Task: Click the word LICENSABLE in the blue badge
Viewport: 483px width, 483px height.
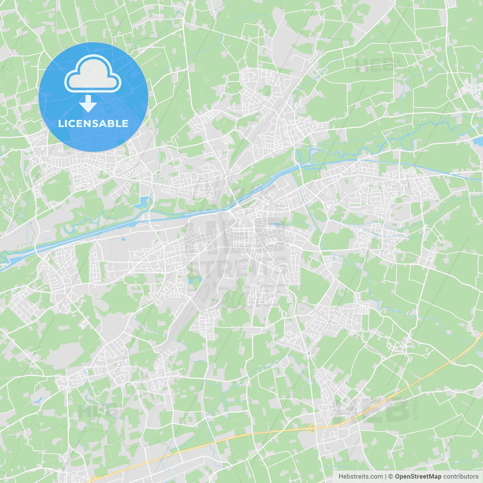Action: point(93,123)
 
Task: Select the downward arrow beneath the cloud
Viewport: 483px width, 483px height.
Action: point(88,103)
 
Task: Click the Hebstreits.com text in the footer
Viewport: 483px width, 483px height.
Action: point(360,477)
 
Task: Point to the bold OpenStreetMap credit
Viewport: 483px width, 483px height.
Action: point(418,477)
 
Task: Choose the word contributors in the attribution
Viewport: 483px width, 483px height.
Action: point(461,477)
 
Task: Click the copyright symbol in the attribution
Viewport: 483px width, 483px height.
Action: point(391,477)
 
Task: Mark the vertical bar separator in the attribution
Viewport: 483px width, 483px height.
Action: point(386,477)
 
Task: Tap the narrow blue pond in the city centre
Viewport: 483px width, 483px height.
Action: point(275,224)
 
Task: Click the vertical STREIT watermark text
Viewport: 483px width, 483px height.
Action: point(416,408)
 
